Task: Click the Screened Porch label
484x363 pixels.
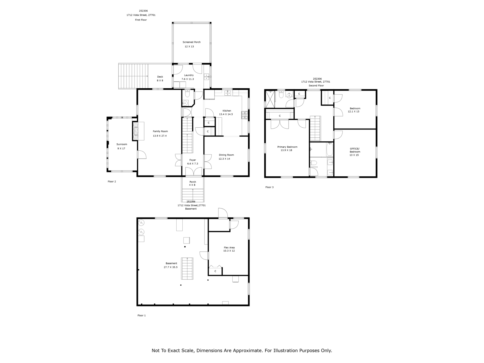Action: point(191,42)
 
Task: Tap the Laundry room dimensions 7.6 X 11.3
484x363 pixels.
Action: point(188,79)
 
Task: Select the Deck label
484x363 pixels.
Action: point(160,77)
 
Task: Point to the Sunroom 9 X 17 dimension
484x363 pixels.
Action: point(121,149)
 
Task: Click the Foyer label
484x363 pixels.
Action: point(193,160)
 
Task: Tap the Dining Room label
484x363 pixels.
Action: point(226,155)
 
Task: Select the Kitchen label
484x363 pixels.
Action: point(227,111)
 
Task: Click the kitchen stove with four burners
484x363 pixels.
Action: point(245,115)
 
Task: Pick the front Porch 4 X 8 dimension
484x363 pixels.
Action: point(192,185)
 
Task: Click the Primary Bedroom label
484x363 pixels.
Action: point(287,147)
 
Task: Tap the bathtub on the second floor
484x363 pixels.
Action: point(329,149)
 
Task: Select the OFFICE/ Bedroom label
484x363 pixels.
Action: point(355,150)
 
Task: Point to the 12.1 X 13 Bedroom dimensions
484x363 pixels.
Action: point(353,112)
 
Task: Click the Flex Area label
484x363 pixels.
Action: point(229,247)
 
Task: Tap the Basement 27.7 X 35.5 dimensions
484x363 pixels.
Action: point(170,267)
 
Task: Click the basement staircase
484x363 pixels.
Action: point(187,268)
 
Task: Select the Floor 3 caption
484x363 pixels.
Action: point(269,187)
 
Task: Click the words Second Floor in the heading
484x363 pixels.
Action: point(316,86)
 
